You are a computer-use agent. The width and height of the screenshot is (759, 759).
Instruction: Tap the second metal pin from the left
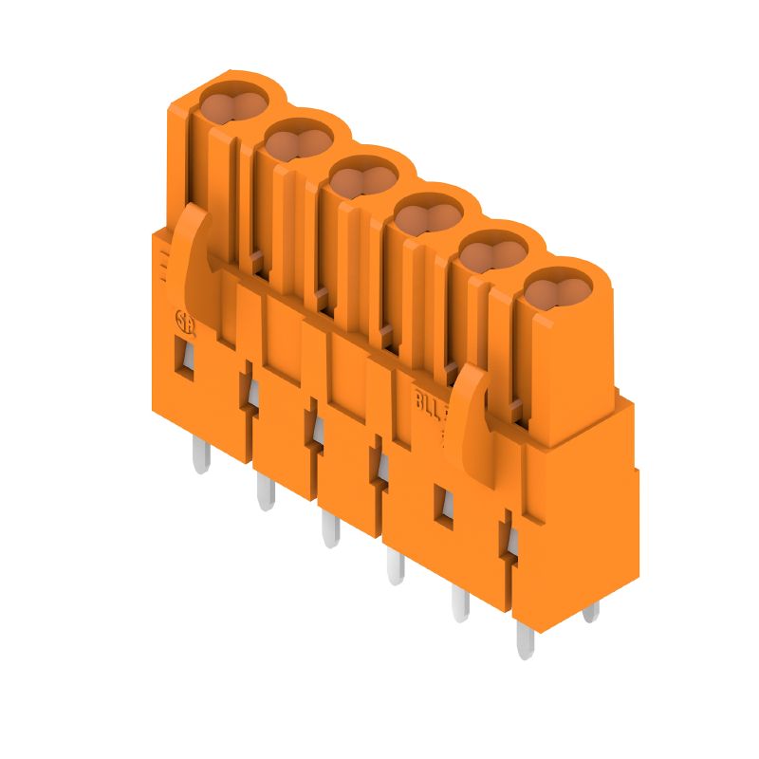click(265, 491)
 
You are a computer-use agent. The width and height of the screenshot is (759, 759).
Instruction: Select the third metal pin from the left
click(329, 528)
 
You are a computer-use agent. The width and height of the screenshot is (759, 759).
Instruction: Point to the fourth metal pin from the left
click(395, 566)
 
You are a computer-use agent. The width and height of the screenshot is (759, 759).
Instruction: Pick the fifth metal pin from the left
click(460, 602)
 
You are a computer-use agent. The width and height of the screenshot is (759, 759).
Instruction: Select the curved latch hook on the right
click(469, 408)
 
